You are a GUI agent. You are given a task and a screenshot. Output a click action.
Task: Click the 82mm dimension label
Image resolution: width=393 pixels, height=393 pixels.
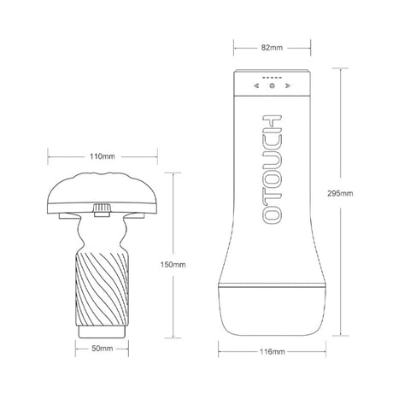point(272,48)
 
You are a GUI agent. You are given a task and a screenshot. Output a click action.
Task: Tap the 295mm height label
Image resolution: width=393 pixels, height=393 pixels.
point(340,193)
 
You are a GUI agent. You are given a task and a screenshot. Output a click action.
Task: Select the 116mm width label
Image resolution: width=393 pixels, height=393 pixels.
point(272,352)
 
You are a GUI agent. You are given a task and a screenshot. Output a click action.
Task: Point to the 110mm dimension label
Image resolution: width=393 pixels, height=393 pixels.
point(103,156)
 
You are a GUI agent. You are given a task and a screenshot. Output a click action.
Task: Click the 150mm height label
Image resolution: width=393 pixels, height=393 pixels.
point(173,265)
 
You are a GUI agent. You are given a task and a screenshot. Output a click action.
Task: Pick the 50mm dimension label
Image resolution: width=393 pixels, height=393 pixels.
point(103,349)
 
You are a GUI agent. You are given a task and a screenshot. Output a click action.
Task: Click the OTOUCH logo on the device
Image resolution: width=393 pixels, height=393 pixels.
point(272,169)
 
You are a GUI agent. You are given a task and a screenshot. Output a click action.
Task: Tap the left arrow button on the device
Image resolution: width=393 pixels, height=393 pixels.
point(256,85)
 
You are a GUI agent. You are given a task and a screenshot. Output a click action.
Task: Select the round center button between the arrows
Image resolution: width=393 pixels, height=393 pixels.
point(272,85)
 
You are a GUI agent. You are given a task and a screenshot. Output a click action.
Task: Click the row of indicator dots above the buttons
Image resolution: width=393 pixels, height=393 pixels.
point(272,78)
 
